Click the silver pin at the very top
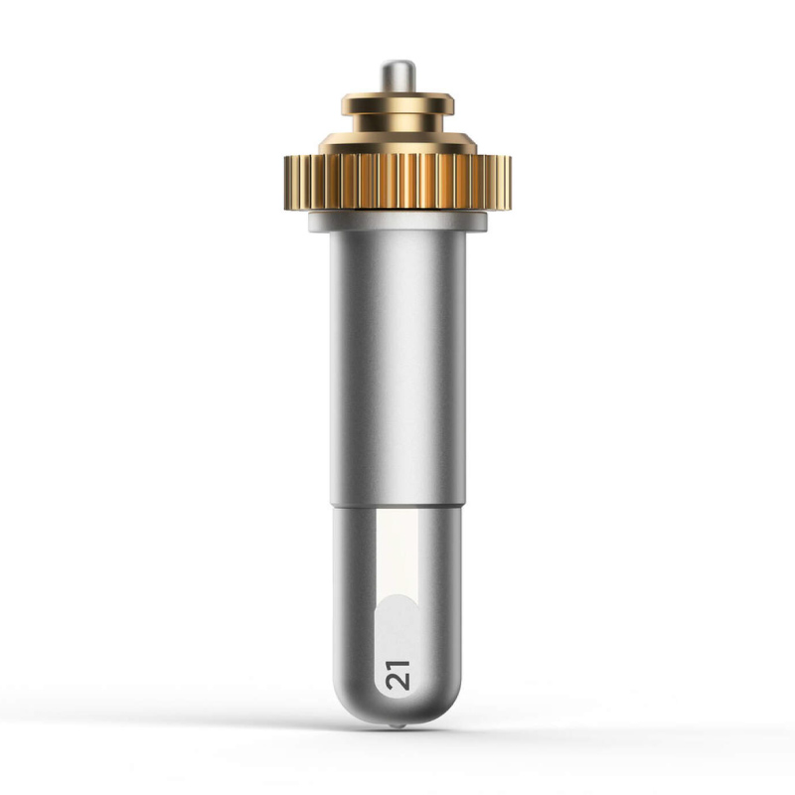click(398, 77)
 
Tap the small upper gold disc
click(397, 104)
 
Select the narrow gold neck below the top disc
click(397, 123)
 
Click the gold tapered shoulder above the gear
click(397, 143)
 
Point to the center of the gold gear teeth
click(397, 182)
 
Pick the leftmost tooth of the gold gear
click(287, 182)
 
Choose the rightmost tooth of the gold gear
click(508, 182)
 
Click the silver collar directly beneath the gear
click(397, 222)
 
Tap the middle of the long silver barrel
click(397, 368)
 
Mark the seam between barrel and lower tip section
click(397, 506)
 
